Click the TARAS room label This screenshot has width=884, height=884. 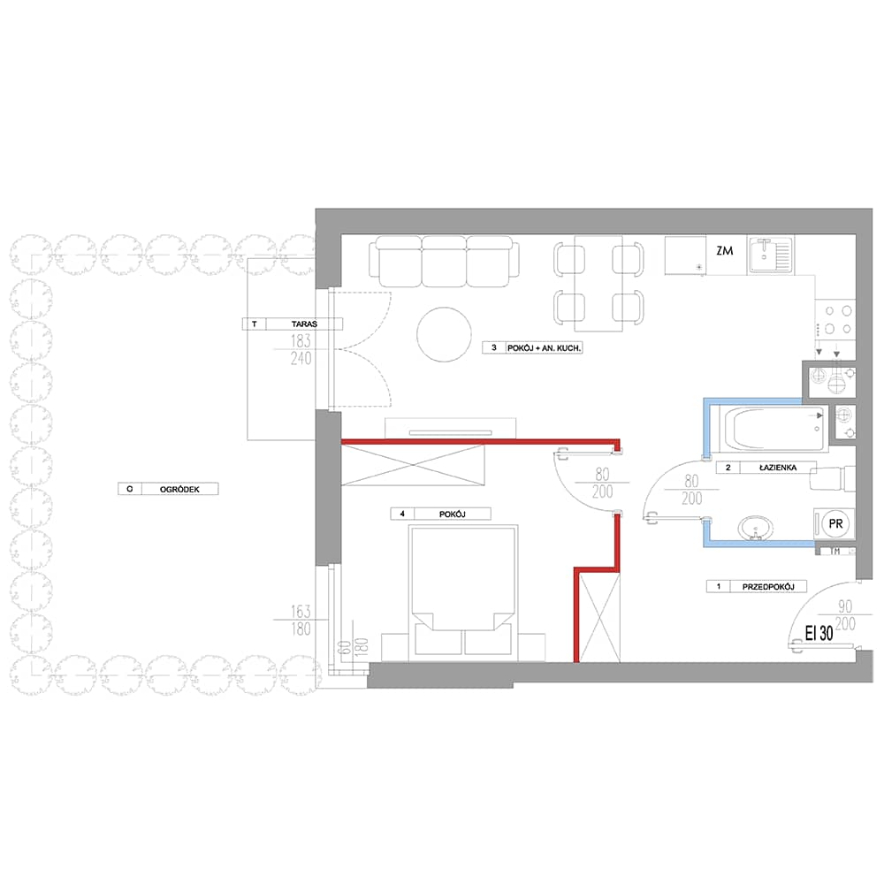coord(304,324)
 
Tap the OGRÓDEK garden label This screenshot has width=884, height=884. coord(179,490)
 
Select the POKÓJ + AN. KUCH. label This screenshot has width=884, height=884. coord(544,348)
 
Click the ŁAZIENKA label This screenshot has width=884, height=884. coord(777,468)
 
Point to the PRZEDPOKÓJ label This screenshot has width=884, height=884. coord(768,587)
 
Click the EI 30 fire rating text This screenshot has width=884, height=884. coord(819,633)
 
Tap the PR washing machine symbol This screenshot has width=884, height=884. coord(835,523)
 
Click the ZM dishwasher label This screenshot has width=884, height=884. coord(725,251)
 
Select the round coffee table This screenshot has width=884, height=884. coord(445,334)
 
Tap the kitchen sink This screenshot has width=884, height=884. coord(770,255)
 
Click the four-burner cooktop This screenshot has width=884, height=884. coord(836,320)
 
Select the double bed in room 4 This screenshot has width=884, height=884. coord(463,593)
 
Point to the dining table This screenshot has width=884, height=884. coord(598,284)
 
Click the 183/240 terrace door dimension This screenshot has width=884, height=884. coord(301,349)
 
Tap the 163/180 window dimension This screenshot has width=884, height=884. coord(301,620)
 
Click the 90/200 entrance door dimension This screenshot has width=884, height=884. coord(845,615)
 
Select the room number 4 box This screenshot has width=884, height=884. coord(402,514)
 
